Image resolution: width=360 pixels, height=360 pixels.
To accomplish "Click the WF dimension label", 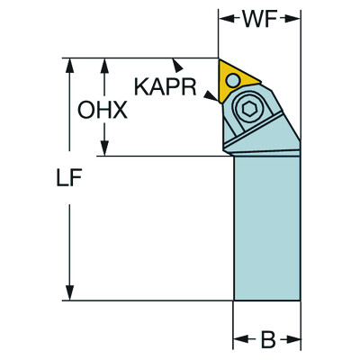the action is [260, 19].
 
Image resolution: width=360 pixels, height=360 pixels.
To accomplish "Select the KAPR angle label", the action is [166, 87].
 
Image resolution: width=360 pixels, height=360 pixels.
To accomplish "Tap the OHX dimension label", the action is [103, 110].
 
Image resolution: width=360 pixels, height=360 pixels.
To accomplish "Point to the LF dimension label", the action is [69, 177].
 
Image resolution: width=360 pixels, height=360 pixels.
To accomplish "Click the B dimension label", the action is [267, 339].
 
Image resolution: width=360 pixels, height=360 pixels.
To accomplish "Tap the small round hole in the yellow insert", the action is [233, 80].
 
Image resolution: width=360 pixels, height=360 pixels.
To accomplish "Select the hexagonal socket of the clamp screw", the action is [248, 110].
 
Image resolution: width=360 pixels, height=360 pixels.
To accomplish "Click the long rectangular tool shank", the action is [267, 228].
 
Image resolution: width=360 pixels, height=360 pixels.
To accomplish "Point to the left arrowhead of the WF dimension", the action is [227, 19].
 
